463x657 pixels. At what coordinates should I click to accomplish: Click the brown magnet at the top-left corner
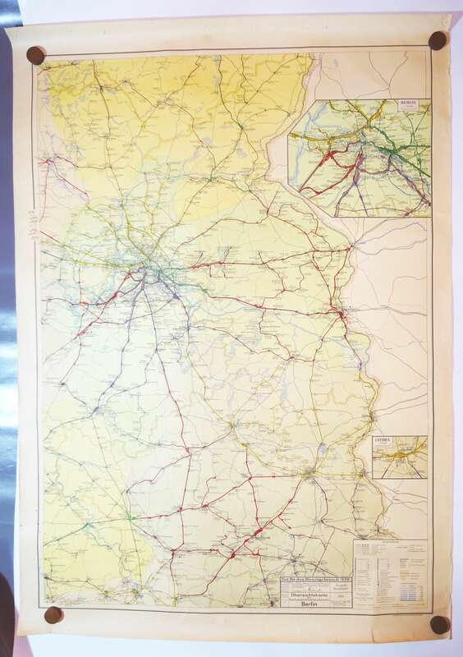[x=35, y=55]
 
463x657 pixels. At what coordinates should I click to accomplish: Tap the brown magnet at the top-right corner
[x=438, y=40]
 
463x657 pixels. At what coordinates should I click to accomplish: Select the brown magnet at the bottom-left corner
[x=53, y=614]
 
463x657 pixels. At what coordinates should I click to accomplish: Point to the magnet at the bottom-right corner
[x=439, y=624]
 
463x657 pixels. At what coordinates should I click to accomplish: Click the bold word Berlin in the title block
[x=309, y=601]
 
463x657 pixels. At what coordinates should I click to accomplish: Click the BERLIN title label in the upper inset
[x=408, y=104]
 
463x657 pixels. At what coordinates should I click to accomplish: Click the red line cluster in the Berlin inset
[x=328, y=160]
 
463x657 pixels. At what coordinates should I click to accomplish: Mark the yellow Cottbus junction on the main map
[x=307, y=473]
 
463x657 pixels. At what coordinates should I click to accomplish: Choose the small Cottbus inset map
[x=400, y=457]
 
